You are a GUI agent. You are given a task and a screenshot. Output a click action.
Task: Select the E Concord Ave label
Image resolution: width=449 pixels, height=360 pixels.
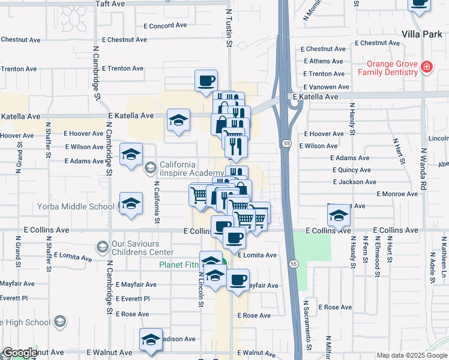coord(165,26)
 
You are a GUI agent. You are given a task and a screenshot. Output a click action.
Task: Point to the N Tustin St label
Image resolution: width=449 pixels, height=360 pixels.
coord(229,28)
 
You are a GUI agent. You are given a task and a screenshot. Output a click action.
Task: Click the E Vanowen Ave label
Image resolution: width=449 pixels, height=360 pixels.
coord(326,87)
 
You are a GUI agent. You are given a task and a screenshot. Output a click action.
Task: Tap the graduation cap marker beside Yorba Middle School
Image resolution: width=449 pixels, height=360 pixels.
coord(131,205)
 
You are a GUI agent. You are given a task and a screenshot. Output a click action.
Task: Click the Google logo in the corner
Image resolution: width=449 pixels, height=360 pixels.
coord(19,353)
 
